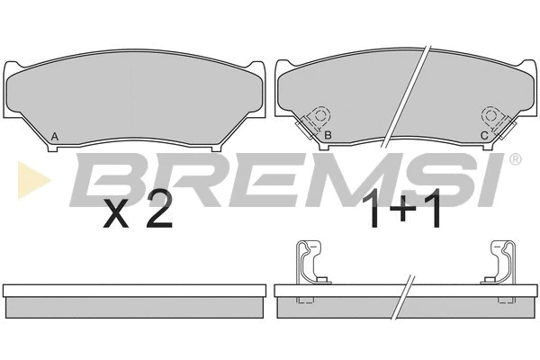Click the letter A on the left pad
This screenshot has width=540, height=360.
coord(54,137)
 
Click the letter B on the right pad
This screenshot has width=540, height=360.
coord(328,135)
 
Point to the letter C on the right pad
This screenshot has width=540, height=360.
coord(484,136)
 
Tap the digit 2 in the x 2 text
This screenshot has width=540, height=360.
coord(158,209)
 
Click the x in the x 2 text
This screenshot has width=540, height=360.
coord(116,214)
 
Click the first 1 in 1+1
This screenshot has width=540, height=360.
coord(373,209)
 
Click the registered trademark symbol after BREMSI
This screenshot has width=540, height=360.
coord(515,159)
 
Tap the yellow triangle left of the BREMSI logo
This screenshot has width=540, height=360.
coord(31,180)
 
